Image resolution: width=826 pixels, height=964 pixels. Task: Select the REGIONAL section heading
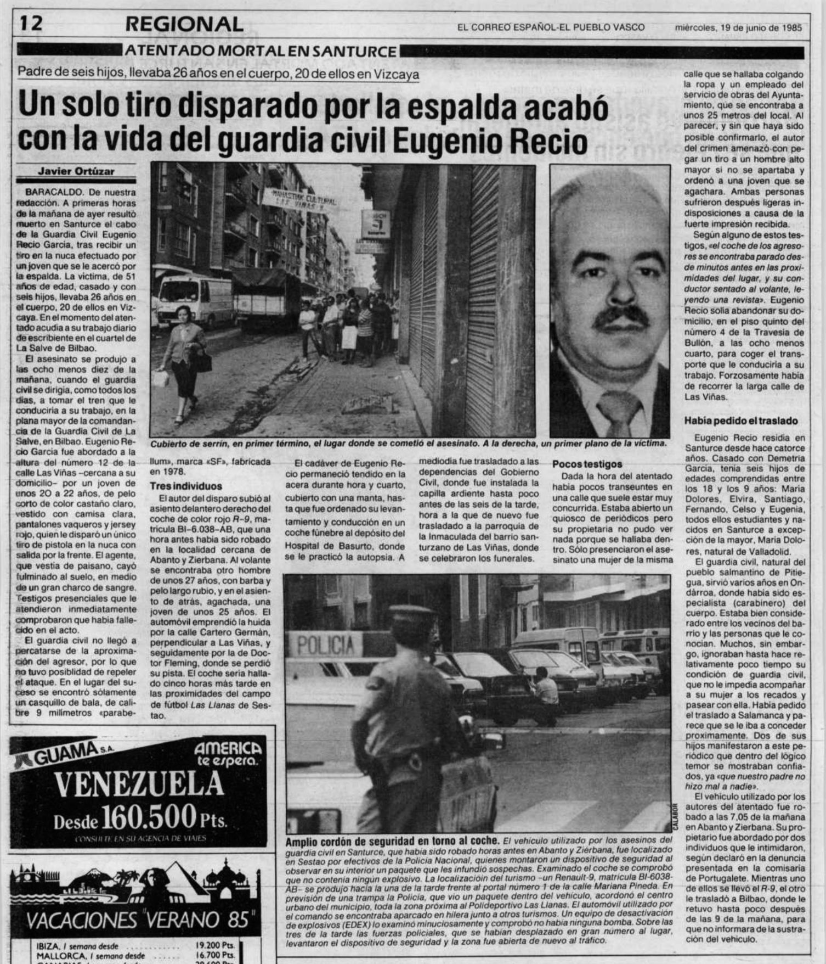184,24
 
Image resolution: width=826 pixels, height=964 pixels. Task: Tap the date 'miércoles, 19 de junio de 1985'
738,27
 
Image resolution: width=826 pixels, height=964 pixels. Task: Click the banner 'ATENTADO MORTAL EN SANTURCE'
261,52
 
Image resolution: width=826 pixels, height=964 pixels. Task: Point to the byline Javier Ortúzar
76,171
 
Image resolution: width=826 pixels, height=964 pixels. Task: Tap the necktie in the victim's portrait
619,412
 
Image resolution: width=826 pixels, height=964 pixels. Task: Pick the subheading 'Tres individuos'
186,486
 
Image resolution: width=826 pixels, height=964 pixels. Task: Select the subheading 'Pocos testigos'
587,464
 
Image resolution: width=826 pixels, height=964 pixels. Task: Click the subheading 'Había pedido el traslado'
741,421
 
